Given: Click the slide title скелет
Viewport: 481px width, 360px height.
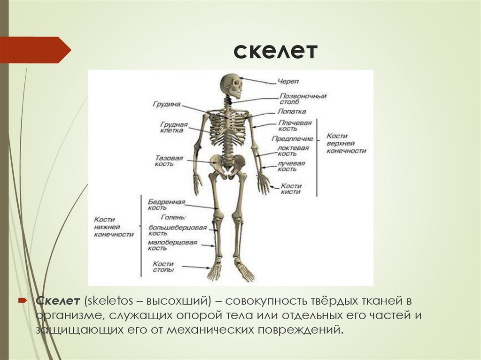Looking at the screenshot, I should click(276, 51).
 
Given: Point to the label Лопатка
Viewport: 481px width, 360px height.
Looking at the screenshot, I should click(291, 112).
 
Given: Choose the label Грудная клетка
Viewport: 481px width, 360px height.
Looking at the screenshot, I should click(173, 128).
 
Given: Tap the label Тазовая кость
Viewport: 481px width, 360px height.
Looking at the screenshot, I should click(168, 161).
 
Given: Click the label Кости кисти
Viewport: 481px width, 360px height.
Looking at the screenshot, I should click(291, 189).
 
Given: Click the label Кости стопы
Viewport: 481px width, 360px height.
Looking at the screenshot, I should click(163, 267).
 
